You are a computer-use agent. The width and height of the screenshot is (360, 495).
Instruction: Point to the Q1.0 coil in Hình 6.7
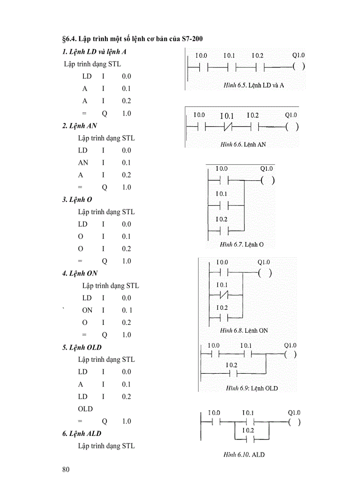(x=267, y=180)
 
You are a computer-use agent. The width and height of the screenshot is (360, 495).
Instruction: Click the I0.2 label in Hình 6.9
(x=232, y=365)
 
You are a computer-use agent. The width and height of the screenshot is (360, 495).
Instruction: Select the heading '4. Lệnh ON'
(x=80, y=273)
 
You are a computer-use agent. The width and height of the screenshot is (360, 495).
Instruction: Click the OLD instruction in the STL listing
(x=86, y=409)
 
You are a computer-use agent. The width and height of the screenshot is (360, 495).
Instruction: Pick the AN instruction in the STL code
(x=83, y=163)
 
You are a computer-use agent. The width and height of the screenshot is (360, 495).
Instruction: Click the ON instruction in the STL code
(x=87, y=310)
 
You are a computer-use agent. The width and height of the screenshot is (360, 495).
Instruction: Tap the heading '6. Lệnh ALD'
(x=82, y=434)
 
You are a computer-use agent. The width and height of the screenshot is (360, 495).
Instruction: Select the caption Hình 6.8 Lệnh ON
(x=244, y=330)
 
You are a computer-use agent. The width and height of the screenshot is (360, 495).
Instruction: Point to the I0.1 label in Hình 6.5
(x=229, y=56)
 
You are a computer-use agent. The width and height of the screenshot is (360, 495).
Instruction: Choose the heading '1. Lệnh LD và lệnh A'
(x=94, y=52)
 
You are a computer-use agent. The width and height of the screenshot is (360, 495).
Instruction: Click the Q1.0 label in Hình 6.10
(x=294, y=413)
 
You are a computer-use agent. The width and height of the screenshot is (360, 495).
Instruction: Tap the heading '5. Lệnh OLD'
(x=82, y=347)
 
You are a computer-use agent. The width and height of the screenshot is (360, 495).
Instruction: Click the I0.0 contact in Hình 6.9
(x=214, y=354)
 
